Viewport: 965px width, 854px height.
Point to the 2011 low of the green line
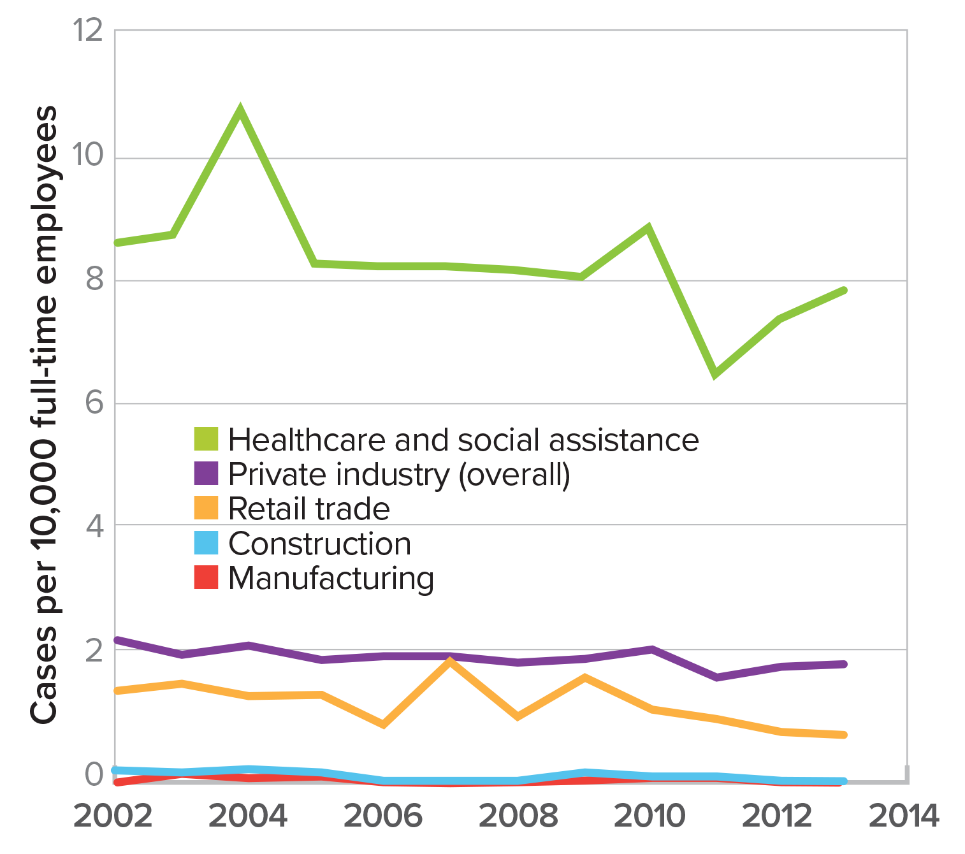(x=715, y=373)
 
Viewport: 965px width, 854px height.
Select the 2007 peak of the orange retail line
(x=450, y=662)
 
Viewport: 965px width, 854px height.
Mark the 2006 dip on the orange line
(x=383, y=723)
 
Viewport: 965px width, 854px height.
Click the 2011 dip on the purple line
(x=716, y=677)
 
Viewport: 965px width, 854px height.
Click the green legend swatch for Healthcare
(x=206, y=439)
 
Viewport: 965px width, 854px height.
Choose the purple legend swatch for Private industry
(x=206, y=474)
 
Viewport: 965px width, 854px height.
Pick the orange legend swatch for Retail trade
(x=206, y=508)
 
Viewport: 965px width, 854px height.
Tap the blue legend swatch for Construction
(x=206, y=543)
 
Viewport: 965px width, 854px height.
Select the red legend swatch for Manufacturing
(x=206, y=577)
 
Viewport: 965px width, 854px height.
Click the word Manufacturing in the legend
(x=331, y=579)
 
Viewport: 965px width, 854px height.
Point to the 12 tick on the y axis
(x=89, y=30)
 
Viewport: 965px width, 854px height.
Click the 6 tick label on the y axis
(x=94, y=403)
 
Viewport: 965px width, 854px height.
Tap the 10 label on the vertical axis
(x=89, y=155)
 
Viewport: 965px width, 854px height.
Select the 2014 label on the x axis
(x=904, y=816)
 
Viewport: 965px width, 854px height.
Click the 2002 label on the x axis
(x=113, y=816)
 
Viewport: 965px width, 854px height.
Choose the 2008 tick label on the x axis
(x=518, y=816)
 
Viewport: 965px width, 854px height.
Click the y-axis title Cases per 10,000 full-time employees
(x=45, y=414)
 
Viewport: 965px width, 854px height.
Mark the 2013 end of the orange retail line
(x=844, y=735)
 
